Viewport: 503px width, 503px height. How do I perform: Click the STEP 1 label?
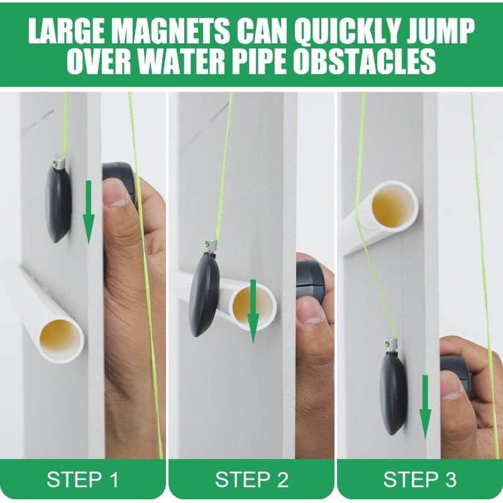point(82,480)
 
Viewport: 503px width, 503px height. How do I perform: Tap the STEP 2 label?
point(251,480)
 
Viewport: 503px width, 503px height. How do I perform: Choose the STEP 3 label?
point(420,480)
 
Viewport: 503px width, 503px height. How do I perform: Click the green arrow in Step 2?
point(253,311)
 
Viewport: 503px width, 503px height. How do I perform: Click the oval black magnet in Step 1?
point(58,202)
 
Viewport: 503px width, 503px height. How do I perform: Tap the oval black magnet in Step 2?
point(205,294)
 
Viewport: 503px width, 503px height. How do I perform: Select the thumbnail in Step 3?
point(451,385)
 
